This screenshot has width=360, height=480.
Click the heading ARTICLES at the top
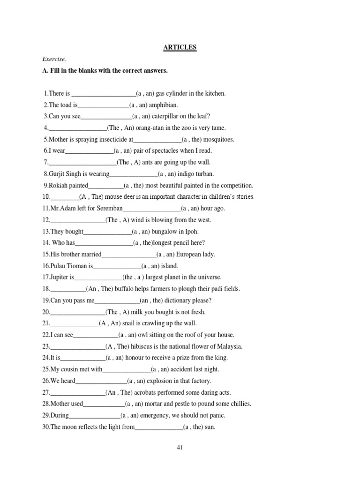point(180,47)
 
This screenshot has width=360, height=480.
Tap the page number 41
point(180,447)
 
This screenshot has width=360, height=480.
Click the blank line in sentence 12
point(77,220)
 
